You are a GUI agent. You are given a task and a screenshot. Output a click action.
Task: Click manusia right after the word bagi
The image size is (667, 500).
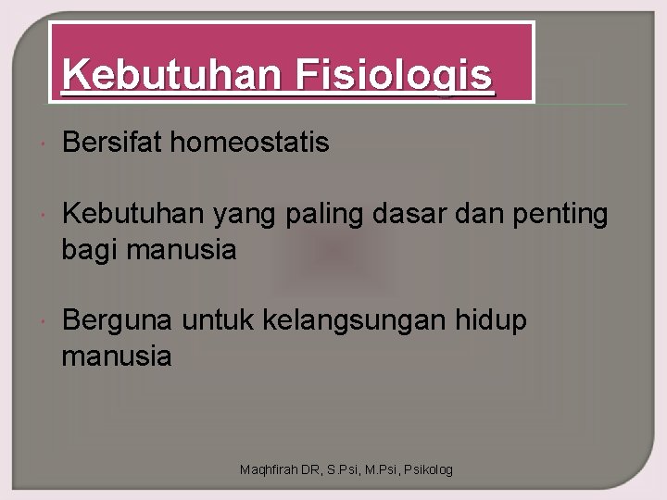182,250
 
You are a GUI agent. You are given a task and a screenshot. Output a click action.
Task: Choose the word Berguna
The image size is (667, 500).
117,322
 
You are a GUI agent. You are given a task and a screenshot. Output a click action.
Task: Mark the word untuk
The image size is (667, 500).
219,321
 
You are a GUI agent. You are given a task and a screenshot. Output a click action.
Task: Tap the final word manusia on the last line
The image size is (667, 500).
117,356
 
